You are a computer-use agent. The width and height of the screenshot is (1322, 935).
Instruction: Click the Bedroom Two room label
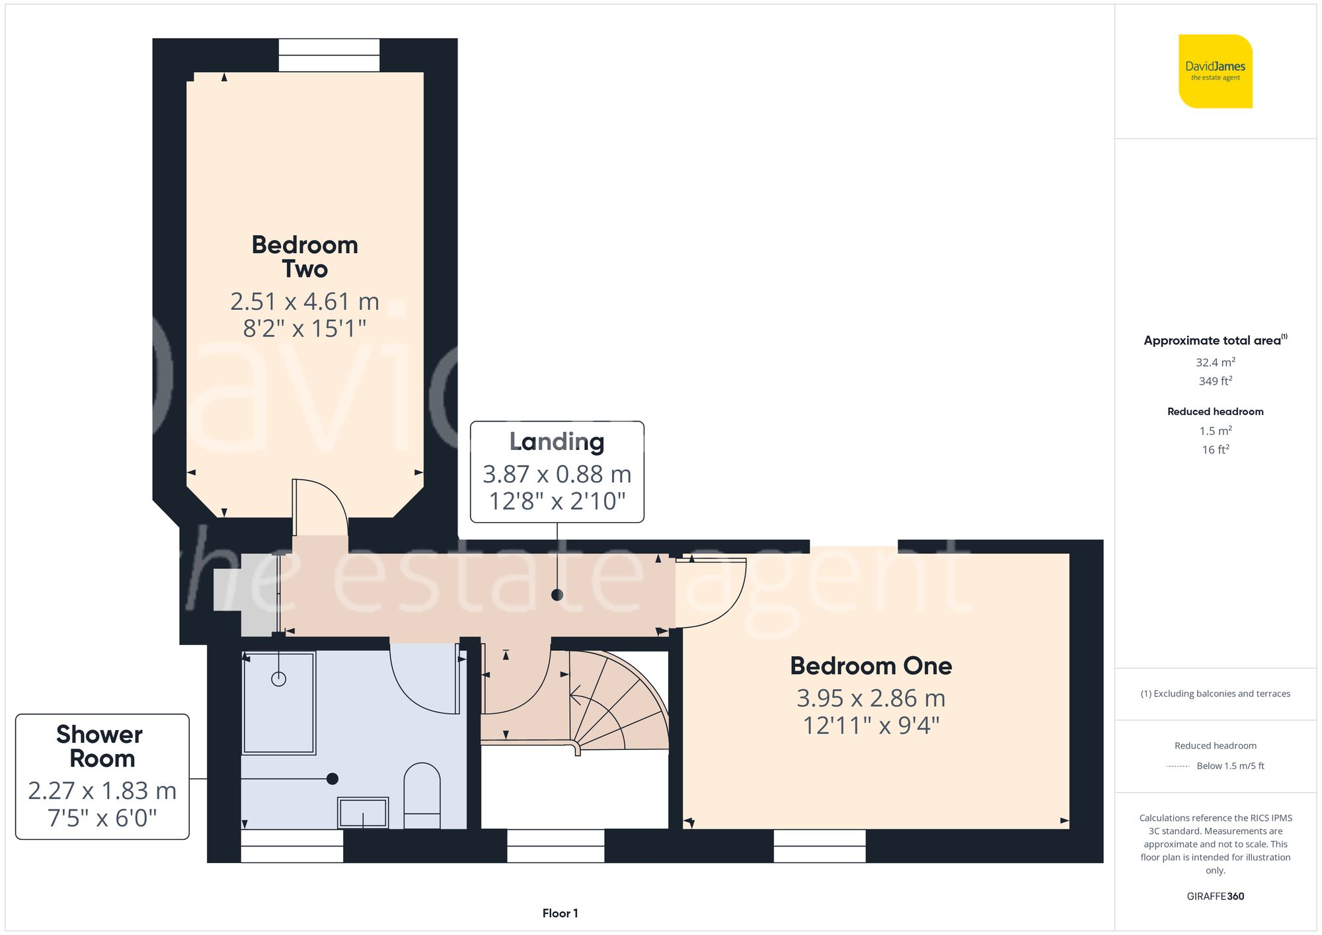[x=305, y=257]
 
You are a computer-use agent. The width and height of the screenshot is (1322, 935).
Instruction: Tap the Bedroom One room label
[x=871, y=665]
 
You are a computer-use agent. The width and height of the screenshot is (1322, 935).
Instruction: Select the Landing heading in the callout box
[x=557, y=441]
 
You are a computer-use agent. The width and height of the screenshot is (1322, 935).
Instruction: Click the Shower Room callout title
[x=100, y=746]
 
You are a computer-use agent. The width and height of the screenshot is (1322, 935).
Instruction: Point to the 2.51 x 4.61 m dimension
[x=305, y=302]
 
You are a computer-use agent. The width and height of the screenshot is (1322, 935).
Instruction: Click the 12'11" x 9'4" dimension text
[x=871, y=726]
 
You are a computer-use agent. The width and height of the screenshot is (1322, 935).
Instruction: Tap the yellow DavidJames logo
[x=1215, y=71]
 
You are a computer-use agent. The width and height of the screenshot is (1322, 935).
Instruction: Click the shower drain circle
[x=279, y=679]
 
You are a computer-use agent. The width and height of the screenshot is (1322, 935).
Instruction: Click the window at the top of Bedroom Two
[x=329, y=55]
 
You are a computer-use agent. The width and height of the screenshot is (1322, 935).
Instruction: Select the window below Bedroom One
[x=820, y=846]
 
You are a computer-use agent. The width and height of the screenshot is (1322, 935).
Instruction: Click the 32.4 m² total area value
[x=1215, y=362]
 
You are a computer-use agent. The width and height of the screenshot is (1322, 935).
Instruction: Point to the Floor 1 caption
[x=560, y=913]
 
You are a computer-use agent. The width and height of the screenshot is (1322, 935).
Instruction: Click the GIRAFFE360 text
[x=1215, y=897]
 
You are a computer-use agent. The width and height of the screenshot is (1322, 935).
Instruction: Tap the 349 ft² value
[x=1215, y=381]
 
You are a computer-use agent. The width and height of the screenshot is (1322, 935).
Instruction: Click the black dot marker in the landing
[x=557, y=595]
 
